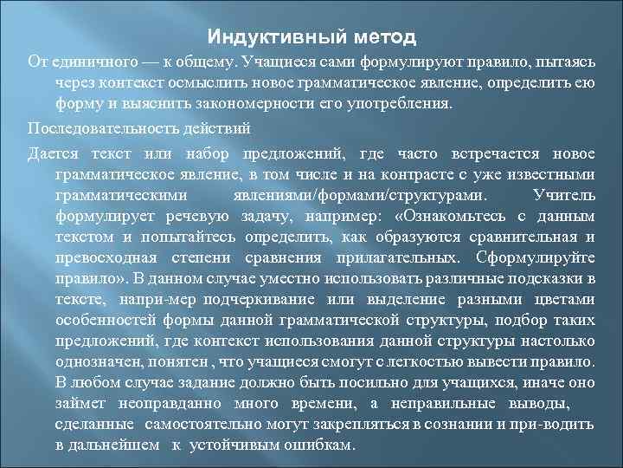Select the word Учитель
pos(565,194)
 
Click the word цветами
pos(566,299)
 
